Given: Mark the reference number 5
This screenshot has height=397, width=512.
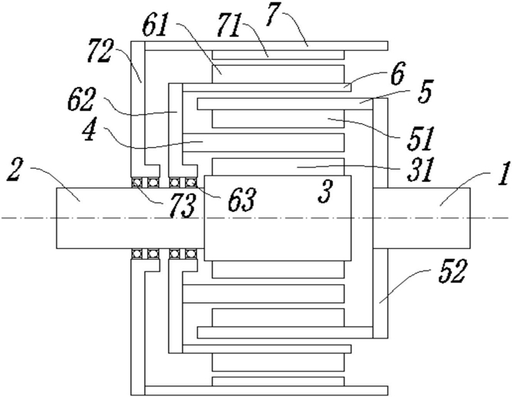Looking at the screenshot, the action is point(424,92).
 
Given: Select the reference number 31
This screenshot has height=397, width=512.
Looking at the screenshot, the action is point(420,170).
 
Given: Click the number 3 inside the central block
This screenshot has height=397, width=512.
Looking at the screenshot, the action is point(325,192).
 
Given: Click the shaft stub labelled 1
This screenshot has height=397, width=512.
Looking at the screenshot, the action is point(422,217).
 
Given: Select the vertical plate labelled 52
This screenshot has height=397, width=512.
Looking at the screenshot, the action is point(380,217).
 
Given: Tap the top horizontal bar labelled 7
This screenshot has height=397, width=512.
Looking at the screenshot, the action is point(266,45).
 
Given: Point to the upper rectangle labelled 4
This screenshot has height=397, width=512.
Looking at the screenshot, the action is point(264,143).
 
